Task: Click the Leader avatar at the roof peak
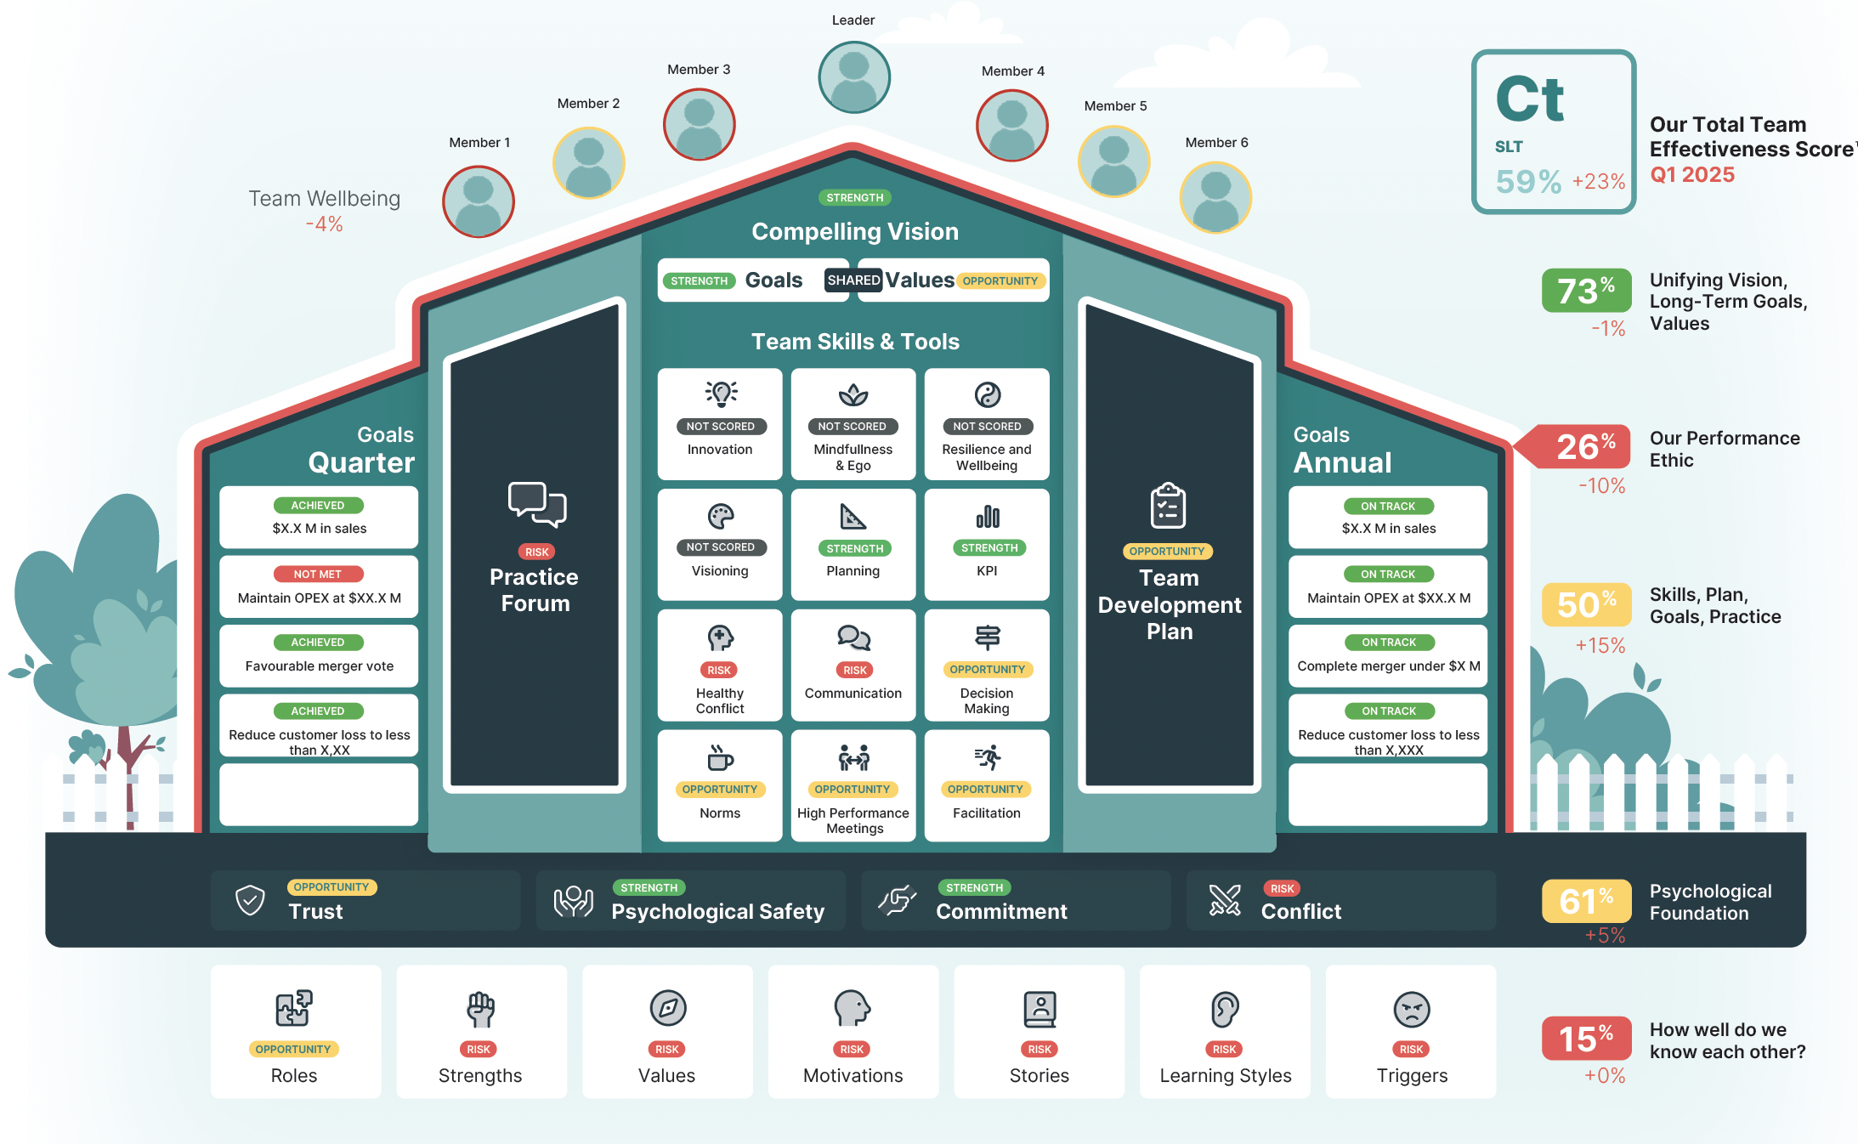pos(853,77)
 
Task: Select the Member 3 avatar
pos(699,124)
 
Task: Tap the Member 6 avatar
pos(1215,197)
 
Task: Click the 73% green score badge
pos(1586,291)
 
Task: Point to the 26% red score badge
pos(1586,447)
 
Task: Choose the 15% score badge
pos(1586,1039)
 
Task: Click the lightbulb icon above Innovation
pos(721,394)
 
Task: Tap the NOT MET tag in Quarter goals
pos(318,575)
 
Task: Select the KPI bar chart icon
pos(987,516)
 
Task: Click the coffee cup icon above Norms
pos(720,756)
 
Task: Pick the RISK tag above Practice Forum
pos(536,552)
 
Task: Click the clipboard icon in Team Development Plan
pos(1168,506)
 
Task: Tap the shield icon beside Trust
pos(250,900)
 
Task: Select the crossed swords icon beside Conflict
pos(1225,900)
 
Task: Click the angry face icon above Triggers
pos(1411,1009)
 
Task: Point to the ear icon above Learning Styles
pos(1225,1009)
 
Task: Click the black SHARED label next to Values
pos(853,280)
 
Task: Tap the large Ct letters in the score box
pos(1529,100)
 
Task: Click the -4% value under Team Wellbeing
pos(324,224)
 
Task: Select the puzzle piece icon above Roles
pos(293,1009)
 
